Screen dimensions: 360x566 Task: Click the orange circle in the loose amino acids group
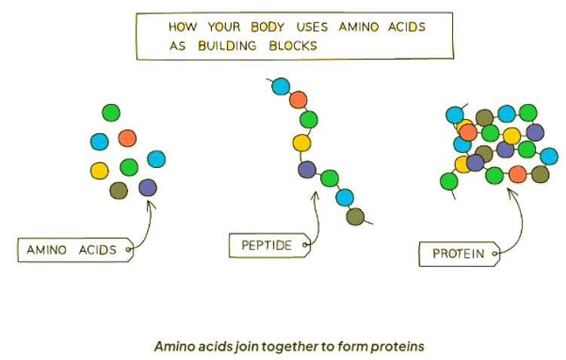(127, 139)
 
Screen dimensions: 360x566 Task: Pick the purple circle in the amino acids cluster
(148, 188)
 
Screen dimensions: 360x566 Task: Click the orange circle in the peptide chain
(298, 99)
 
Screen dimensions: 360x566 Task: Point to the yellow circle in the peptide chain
(302, 142)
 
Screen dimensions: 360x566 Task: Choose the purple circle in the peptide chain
(307, 170)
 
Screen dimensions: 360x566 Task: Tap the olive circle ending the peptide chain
(355, 218)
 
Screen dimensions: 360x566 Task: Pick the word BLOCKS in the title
(295, 45)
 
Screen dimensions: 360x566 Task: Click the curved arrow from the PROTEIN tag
(519, 218)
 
